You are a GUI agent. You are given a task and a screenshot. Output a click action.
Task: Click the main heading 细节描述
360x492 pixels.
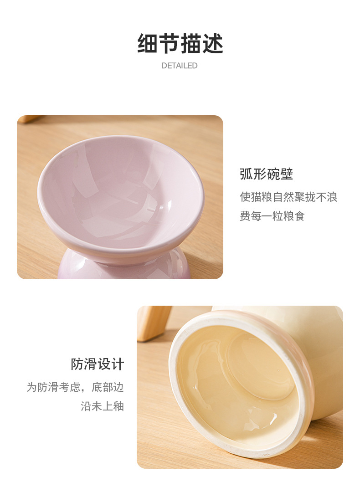[180, 44]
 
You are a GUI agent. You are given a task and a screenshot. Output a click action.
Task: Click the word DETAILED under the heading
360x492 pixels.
[180, 66]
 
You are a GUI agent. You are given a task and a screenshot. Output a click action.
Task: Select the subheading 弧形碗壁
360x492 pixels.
[266, 174]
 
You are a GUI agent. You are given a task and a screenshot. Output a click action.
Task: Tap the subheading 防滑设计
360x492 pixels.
[97, 364]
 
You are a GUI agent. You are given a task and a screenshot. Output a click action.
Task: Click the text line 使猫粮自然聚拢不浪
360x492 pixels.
[288, 197]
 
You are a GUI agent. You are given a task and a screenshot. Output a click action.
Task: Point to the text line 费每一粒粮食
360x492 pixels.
[272, 216]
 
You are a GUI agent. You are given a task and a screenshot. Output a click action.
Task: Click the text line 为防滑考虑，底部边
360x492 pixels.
[75, 387]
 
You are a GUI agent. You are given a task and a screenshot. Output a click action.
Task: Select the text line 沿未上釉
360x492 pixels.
[102, 406]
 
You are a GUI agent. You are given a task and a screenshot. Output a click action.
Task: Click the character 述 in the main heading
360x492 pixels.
[212, 44]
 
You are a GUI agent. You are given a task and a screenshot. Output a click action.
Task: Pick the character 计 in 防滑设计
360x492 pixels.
[117, 364]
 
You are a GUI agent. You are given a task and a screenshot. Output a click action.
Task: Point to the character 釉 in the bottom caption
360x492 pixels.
[118, 406]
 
